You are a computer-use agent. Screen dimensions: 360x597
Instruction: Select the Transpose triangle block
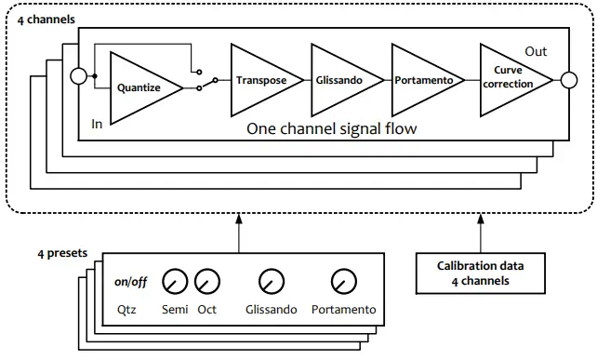click(x=260, y=80)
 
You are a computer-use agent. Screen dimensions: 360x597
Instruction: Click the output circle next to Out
click(x=566, y=81)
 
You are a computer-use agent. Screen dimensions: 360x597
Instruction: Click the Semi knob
click(x=174, y=279)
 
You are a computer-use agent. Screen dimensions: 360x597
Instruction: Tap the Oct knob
click(x=207, y=279)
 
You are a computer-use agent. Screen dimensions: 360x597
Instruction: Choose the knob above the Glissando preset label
click(x=271, y=279)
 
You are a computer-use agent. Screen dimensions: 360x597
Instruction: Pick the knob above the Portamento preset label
click(x=343, y=279)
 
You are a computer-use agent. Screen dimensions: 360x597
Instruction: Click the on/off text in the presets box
click(x=130, y=281)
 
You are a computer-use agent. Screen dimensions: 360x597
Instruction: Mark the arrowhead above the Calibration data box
click(x=480, y=218)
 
